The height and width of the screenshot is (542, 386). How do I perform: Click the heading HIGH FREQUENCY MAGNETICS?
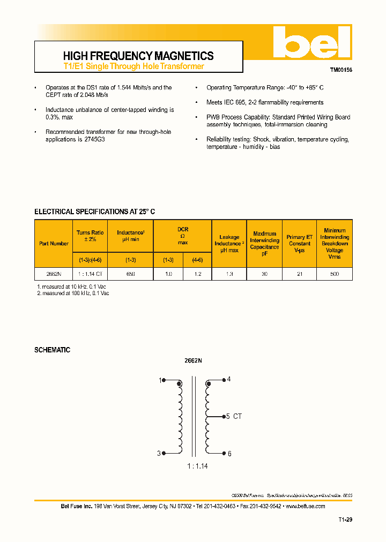[138, 56]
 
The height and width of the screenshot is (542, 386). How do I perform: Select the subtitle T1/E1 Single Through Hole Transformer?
[133, 66]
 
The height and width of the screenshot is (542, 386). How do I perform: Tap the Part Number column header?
[54, 244]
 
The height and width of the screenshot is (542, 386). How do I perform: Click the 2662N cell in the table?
[54, 274]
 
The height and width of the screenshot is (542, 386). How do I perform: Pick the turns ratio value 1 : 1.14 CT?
[90, 274]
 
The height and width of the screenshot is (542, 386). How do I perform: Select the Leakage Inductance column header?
[229, 244]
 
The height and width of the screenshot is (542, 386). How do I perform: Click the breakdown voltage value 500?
[335, 274]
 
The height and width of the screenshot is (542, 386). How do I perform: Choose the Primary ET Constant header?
[299, 244]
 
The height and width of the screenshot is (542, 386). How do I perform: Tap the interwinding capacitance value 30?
[264, 274]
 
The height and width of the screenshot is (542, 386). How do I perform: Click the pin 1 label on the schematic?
[159, 380]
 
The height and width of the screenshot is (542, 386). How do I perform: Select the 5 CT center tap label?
[234, 416]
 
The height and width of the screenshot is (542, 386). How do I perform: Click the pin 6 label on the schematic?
[229, 454]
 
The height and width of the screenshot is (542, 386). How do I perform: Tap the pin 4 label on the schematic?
[229, 380]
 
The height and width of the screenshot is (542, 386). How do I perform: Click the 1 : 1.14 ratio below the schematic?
[197, 466]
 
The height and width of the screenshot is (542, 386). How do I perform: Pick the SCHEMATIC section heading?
[52, 350]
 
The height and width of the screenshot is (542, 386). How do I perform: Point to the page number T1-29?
[345, 520]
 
